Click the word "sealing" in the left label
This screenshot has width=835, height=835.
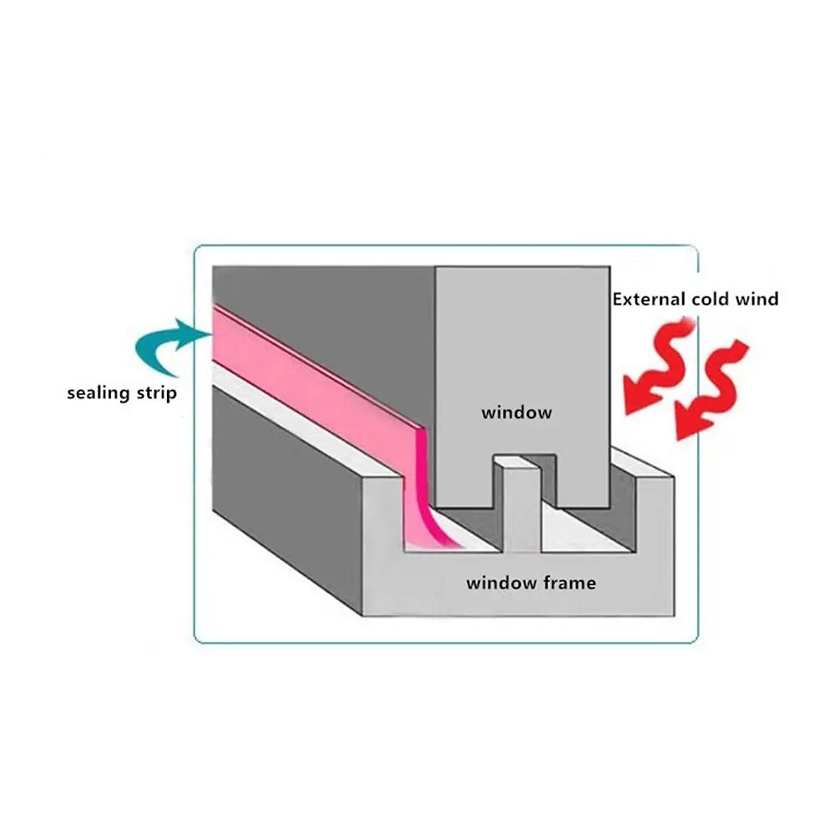[x=99, y=393]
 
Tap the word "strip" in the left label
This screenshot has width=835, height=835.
[x=157, y=393]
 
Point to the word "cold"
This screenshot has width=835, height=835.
[x=711, y=299]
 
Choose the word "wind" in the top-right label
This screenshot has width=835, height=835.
[x=757, y=299]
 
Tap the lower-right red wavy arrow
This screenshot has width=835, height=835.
[x=711, y=390]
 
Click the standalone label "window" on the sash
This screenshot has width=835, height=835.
[x=517, y=412]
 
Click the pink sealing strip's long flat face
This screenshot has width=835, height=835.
[x=314, y=382]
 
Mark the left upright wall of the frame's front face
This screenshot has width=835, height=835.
[x=382, y=522]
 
